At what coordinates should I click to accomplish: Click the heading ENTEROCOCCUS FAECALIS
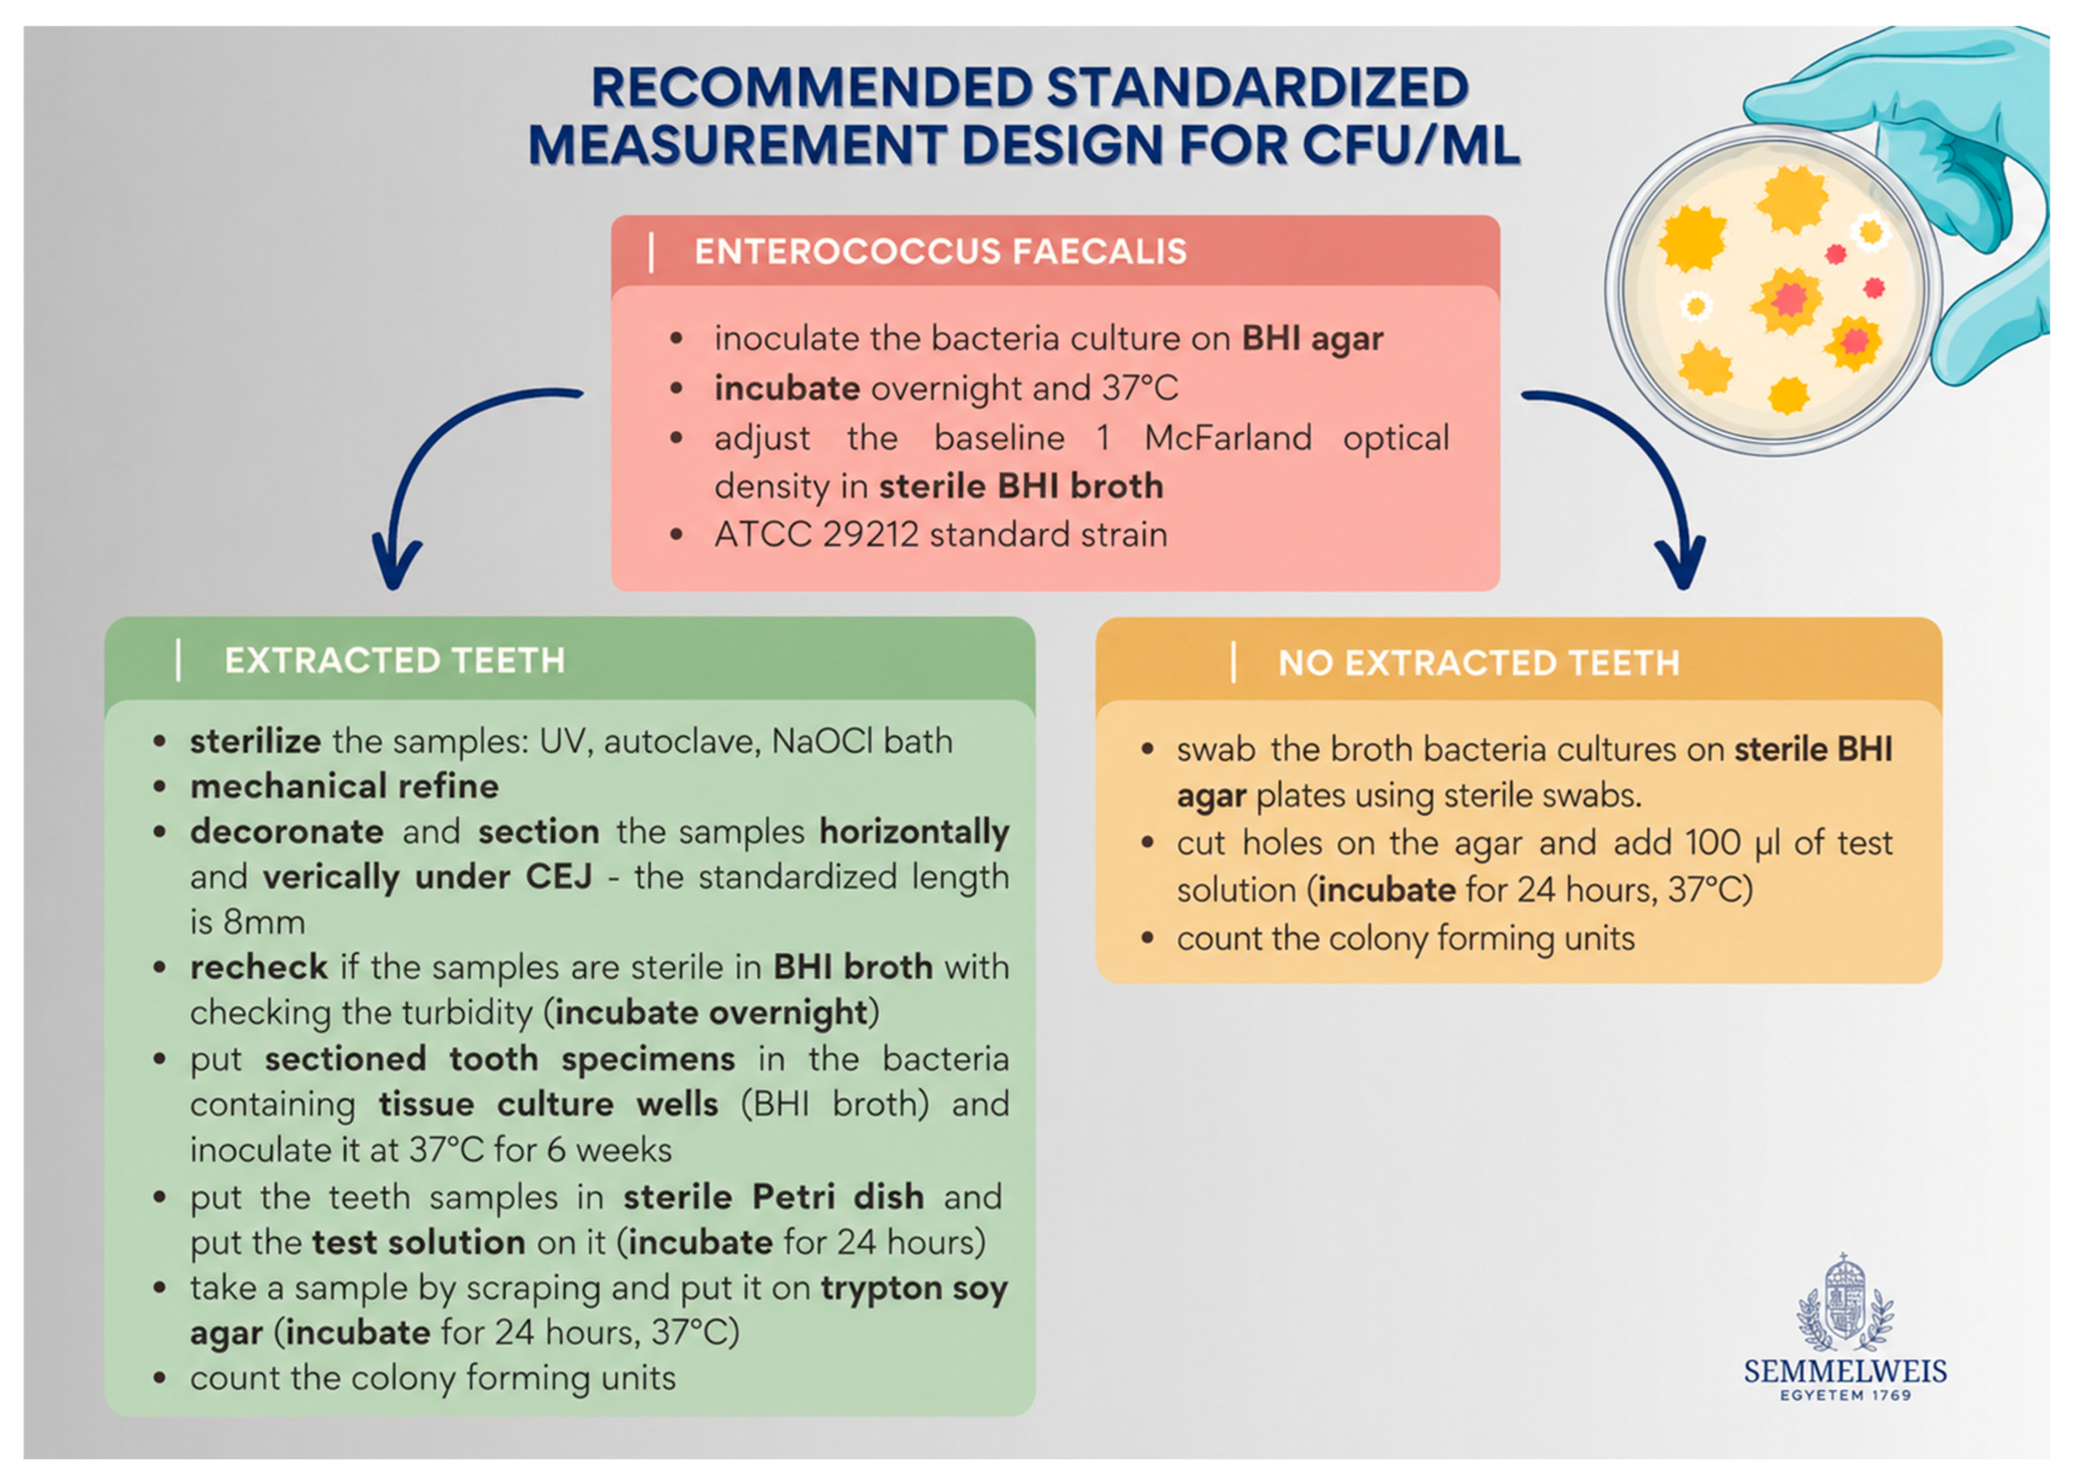(940, 251)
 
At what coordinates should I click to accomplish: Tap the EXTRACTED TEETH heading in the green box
(395, 660)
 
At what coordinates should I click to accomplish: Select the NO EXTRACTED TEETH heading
(1478, 663)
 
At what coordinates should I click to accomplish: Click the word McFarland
(1228, 438)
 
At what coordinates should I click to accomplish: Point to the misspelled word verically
(330, 877)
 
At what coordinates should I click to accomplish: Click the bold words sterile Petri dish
(774, 1197)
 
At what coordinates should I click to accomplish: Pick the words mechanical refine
(344, 786)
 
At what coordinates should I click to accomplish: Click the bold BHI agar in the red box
(1313, 339)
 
